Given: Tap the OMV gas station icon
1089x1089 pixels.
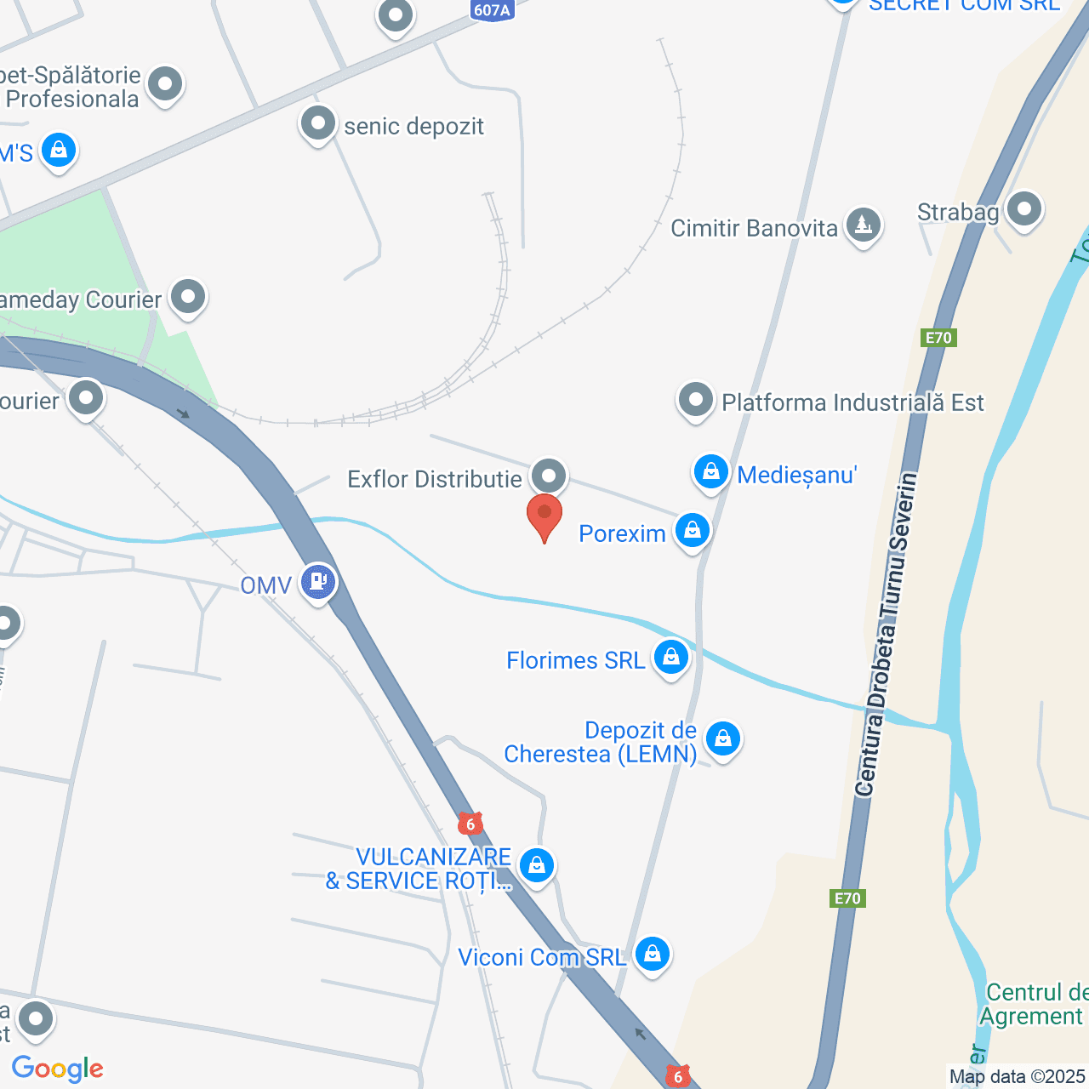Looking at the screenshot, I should tap(318, 583).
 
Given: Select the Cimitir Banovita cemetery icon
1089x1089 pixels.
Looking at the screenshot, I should tap(864, 226).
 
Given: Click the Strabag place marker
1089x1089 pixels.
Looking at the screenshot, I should tap(1023, 208).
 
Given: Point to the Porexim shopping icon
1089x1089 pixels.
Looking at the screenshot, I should tap(693, 532).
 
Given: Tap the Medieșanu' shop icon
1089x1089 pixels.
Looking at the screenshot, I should tap(710, 472).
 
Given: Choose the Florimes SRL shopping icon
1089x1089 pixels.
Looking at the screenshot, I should tap(671, 658).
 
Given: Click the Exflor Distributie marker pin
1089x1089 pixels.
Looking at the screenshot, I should tap(549, 476).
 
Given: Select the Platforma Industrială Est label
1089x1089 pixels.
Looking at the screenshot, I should tap(852, 402).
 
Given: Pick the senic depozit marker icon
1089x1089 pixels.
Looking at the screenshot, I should tap(318, 124).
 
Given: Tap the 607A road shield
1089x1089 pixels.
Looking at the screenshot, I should tap(493, 10).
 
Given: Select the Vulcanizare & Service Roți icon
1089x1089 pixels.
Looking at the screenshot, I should tap(537, 866).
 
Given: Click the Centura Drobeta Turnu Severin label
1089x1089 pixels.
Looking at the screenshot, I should tap(887, 634).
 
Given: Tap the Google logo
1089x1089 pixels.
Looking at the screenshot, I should tap(58, 1069).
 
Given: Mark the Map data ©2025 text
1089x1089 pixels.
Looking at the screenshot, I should tap(1018, 1076).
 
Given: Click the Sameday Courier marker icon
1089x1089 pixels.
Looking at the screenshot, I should tap(187, 298).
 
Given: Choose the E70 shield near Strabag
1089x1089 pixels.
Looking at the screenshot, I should tap(938, 338).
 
